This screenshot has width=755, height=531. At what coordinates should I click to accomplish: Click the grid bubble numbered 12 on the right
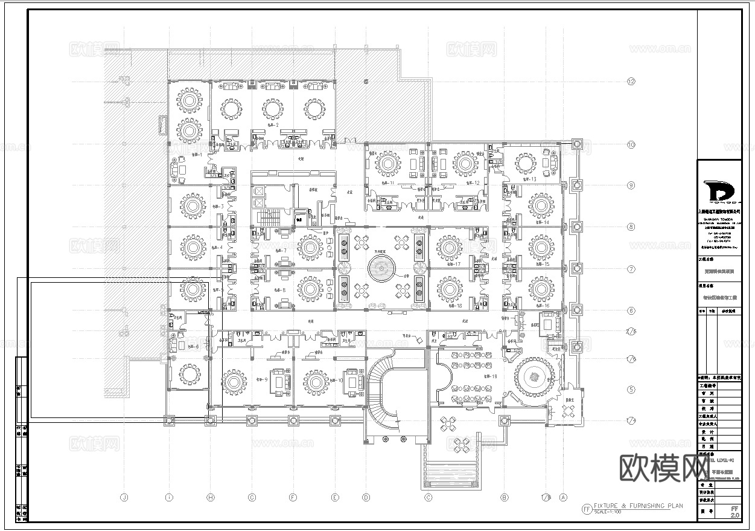click(631, 82)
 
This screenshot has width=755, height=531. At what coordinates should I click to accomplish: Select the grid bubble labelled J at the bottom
click(124, 498)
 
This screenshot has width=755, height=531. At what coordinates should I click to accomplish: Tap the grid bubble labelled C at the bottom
click(428, 498)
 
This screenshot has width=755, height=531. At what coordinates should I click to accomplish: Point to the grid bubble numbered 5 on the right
click(631, 390)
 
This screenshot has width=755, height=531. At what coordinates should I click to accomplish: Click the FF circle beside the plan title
click(586, 509)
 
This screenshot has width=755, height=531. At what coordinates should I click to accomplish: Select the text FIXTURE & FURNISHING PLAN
click(639, 506)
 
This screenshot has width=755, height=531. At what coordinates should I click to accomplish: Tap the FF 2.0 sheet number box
click(734, 512)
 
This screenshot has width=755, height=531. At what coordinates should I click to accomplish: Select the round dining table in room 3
click(193, 207)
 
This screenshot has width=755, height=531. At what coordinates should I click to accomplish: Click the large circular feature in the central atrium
click(381, 268)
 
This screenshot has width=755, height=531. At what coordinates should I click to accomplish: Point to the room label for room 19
click(490, 376)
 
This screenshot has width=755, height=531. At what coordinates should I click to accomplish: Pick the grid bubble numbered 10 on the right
click(631, 145)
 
